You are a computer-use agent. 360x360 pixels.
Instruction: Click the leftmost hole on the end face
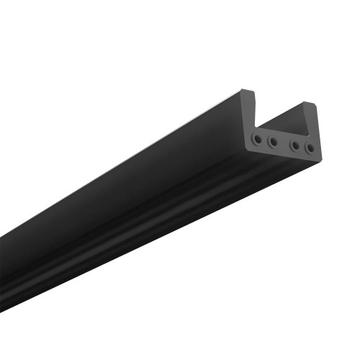click(x=258, y=137)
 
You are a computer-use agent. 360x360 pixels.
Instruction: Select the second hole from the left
click(x=273, y=142)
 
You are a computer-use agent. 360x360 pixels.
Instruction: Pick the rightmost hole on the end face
click(x=310, y=149)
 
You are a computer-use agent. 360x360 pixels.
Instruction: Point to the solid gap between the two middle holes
click(x=284, y=144)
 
